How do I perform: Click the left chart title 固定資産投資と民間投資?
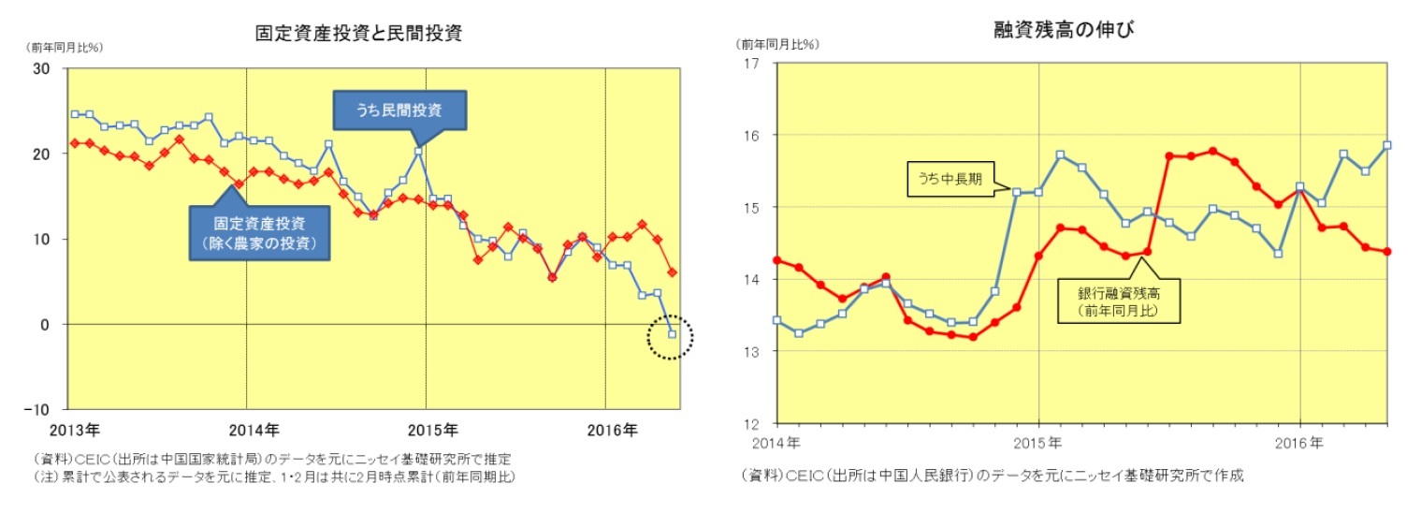coord(359,34)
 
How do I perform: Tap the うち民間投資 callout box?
coord(399,110)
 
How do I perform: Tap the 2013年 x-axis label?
coord(74,432)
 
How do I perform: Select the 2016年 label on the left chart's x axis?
coord(612,432)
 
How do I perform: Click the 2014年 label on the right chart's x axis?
coord(777,442)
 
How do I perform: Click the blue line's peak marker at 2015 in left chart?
coord(418,151)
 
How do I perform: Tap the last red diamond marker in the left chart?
coord(672,272)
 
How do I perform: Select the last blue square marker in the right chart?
coord(1387,145)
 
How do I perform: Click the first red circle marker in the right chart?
coord(776,260)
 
